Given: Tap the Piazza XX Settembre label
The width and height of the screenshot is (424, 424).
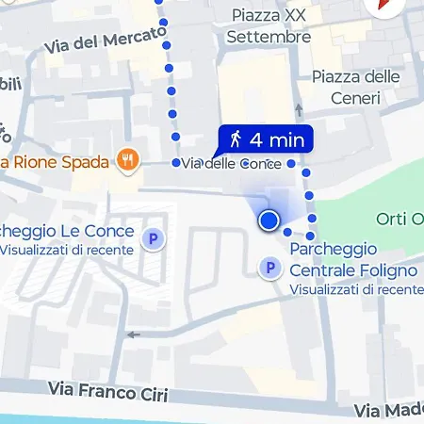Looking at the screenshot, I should point(269,26).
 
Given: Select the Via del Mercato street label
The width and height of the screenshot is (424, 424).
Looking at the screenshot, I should point(105,40).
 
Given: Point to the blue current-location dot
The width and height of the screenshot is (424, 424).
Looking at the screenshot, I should point(269,220).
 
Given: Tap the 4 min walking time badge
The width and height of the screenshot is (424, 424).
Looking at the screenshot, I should point(266,140).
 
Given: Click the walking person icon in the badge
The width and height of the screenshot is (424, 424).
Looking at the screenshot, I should point(236,140).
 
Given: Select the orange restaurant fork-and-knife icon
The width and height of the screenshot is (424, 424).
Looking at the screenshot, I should point(124,158).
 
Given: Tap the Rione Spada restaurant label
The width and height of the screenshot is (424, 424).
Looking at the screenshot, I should point(57,161).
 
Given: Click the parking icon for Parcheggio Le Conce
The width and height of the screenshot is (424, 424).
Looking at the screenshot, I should point(151,239).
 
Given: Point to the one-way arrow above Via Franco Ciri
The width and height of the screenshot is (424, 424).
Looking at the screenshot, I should point(133,334).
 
